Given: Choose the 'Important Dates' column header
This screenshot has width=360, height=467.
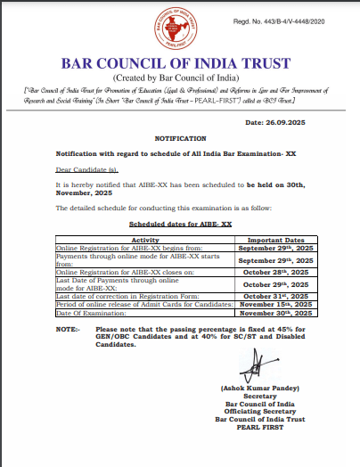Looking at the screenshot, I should tap(275, 240).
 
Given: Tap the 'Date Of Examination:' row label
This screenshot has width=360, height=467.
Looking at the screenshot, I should tap(86, 314).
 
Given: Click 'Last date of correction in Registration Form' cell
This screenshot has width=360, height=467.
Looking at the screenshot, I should tap(120, 296).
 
